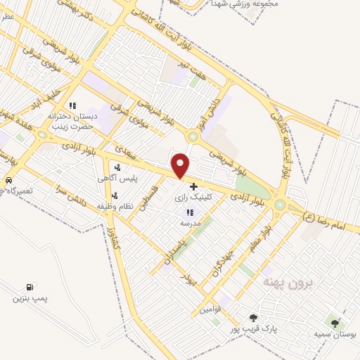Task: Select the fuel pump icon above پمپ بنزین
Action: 29,287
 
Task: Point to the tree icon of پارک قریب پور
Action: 253,318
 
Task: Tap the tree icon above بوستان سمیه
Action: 335,323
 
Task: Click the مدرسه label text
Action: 190,222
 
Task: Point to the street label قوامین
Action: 210,309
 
